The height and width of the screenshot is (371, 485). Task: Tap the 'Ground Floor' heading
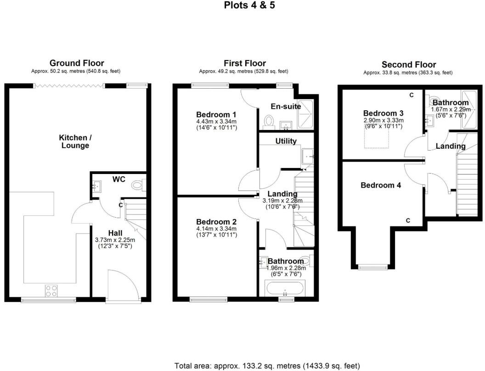click(x=76, y=63)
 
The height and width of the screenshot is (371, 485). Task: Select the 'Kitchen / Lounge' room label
click(x=74, y=141)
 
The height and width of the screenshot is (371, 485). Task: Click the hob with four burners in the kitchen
click(x=51, y=290)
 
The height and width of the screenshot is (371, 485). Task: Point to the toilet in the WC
click(x=137, y=185)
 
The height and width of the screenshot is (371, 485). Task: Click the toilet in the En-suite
click(x=268, y=121)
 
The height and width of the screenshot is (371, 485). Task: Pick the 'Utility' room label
click(x=286, y=141)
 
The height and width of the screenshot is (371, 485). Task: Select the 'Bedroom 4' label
click(x=381, y=185)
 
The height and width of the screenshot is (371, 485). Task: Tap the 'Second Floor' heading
click(x=409, y=65)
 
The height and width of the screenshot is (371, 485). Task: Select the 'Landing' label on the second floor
click(x=450, y=146)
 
